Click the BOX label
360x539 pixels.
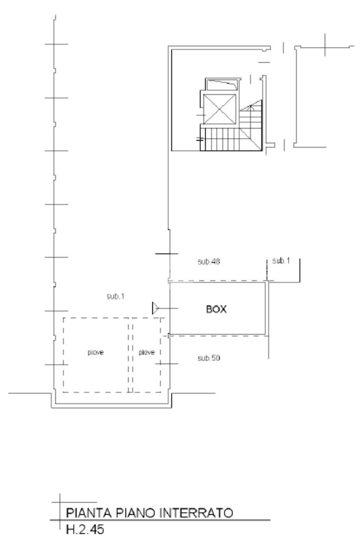point(216,309)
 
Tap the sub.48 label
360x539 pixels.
point(209,261)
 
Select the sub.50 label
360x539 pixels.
point(209,358)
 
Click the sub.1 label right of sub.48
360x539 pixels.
point(281,261)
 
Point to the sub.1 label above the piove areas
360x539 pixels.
point(115,296)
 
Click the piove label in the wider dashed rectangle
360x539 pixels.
point(95,352)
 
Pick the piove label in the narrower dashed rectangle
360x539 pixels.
point(147,352)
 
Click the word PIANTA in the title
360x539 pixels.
point(89,513)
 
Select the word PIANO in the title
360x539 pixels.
point(135,513)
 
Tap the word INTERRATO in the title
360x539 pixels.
point(196,513)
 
